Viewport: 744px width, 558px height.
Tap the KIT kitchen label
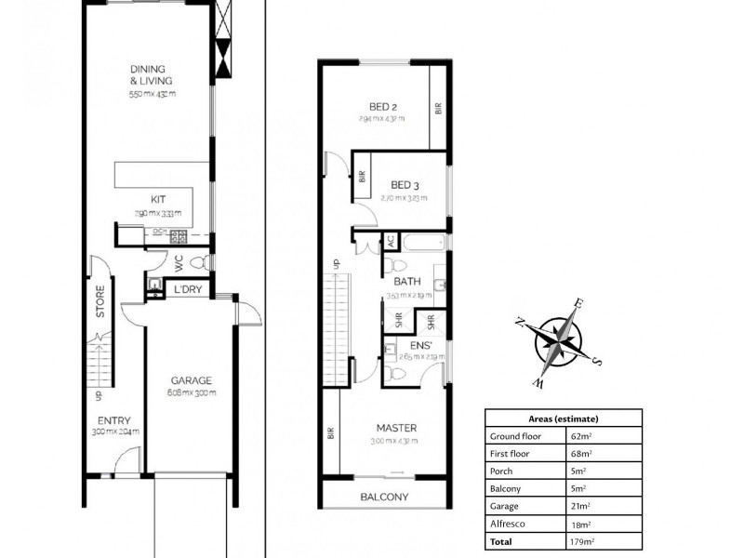[158, 199]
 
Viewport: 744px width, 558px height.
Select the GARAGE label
[192, 380]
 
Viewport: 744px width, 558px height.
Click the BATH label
[407, 281]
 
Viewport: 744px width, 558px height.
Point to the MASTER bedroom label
[396, 428]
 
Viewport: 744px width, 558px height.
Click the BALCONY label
[384, 497]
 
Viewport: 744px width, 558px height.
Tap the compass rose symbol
[561, 340]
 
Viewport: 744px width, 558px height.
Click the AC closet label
[392, 241]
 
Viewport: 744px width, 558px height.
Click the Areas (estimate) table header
[563, 418]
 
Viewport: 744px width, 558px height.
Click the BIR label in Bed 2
[437, 108]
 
